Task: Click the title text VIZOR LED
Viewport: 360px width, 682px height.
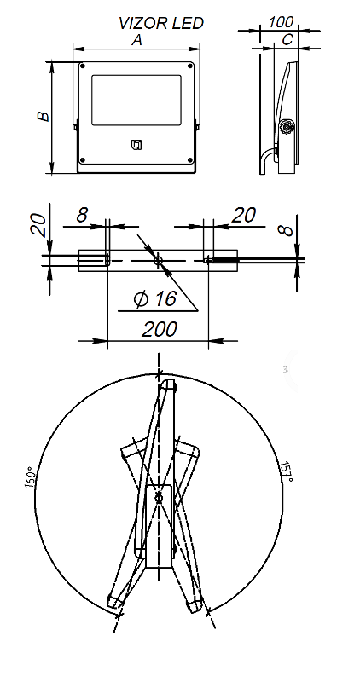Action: tap(161, 23)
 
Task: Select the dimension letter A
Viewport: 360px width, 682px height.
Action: tap(137, 40)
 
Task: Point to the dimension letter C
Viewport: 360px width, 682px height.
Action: tap(287, 39)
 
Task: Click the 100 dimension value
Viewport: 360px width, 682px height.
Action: tap(281, 22)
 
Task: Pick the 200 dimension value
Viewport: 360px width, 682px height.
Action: tap(160, 329)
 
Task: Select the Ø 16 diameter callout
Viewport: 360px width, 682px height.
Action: tap(155, 299)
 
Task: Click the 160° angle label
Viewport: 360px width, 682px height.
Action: tap(30, 477)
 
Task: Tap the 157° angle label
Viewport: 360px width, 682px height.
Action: tap(287, 471)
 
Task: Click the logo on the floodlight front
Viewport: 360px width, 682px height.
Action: tap(136, 146)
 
